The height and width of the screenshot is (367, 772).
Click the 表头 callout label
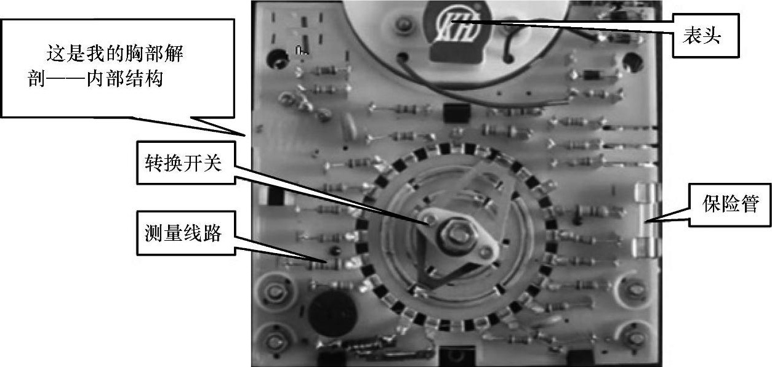pos(706,36)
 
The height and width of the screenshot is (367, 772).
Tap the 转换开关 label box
pos(186,163)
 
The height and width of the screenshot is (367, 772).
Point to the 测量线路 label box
pos(186,233)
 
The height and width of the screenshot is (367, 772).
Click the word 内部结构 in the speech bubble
pos(124,79)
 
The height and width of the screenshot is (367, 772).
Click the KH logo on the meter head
pos(458,25)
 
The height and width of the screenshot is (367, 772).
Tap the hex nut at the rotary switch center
pos(456,235)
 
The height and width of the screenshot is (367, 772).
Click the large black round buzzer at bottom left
pos(332,313)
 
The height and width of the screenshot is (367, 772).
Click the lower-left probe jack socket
pos(275,342)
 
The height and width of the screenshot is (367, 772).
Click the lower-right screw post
pos(635,338)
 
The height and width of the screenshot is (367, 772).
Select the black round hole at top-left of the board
pos(277,58)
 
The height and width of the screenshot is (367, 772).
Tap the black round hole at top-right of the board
pos(633,62)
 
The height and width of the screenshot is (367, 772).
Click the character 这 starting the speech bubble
pos(56,54)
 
